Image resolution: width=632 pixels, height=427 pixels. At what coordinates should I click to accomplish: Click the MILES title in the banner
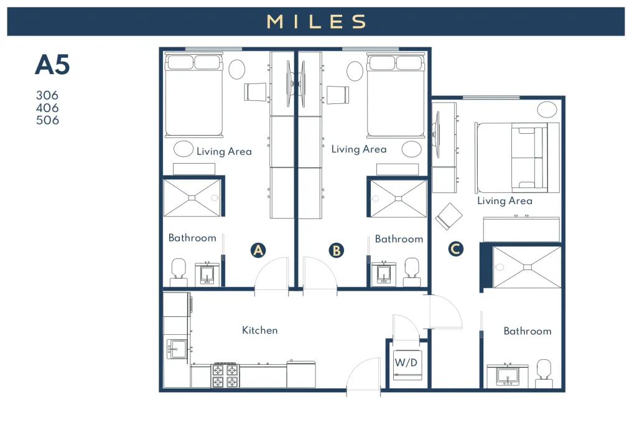(317, 21)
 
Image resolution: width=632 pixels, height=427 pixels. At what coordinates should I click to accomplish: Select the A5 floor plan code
(52, 65)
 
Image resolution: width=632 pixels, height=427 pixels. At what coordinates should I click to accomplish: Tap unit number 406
(47, 108)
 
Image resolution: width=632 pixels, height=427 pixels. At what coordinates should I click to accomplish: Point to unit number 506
(47, 120)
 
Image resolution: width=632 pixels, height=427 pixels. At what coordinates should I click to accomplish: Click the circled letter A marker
(258, 250)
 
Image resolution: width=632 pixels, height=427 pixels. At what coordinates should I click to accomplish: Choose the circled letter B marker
(336, 250)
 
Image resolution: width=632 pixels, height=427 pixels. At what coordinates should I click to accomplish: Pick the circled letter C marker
(455, 248)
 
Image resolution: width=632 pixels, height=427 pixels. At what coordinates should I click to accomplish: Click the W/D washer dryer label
(406, 362)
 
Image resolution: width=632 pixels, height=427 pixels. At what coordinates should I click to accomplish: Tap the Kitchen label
(259, 331)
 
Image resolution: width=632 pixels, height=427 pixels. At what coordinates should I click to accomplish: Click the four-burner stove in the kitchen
(225, 375)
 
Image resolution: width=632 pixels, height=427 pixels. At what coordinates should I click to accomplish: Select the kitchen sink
(177, 349)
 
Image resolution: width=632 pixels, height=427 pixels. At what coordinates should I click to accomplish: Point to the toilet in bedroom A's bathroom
(178, 272)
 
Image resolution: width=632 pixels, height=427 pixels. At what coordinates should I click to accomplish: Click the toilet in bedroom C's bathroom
(544, 373)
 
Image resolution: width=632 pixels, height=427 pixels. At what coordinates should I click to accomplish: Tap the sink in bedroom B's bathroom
(383, 274)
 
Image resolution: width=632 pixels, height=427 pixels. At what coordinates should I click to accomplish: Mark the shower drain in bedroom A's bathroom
(192, 197)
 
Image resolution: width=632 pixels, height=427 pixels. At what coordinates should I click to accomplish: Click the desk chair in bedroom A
(255, 92)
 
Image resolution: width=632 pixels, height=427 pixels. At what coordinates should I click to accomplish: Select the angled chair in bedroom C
(448, 217)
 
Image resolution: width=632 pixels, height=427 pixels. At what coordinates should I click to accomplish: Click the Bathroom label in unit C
(527, 331)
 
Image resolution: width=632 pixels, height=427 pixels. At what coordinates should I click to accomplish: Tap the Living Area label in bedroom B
(359, 149)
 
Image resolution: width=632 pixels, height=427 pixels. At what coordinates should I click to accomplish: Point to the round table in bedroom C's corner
(547, 110)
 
